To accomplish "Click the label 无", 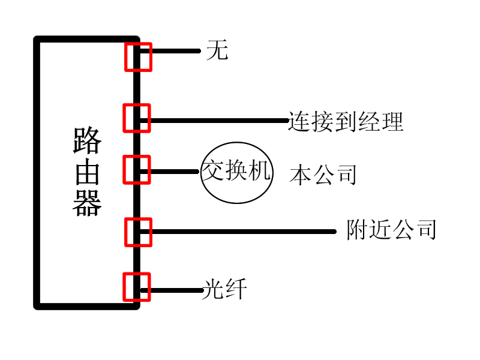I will [217, 50].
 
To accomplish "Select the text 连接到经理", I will [346, 121].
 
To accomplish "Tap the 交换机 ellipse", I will [236, 172].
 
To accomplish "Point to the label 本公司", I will [323, 175].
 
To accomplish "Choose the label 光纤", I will [224, 290].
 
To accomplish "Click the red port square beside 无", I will [138, 56].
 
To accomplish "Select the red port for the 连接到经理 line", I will [136, 118].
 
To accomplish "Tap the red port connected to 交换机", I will [136, 169].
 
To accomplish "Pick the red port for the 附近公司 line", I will [138, 232].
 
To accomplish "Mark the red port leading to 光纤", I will [136, 287].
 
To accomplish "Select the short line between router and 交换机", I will [174, 172].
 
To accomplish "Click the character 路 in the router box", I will [87, 142].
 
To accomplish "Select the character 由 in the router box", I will [87, 173].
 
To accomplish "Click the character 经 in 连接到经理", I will [368, 121].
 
